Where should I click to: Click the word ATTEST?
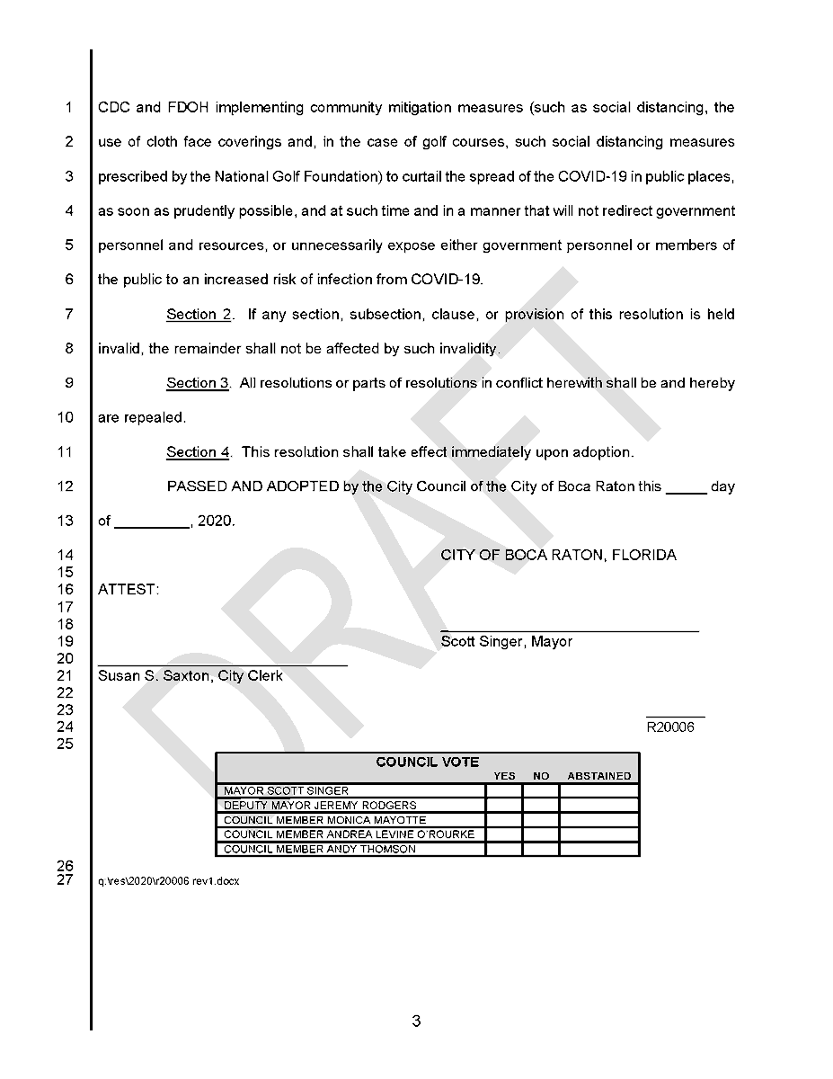tap(128, 590)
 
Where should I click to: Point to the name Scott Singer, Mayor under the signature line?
tap(506, 642)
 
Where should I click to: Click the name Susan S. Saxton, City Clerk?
tap(190, 676)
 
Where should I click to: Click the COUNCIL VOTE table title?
tap(427, 762)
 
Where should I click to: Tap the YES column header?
tap(504, 776)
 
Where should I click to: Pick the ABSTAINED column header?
tap(598, 776)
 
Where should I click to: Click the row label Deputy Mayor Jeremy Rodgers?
tap(320, 806)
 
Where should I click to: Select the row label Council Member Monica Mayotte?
tap(324, 820)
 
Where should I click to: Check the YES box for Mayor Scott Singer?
tap(504, 791)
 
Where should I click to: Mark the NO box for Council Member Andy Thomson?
tap(541, 849)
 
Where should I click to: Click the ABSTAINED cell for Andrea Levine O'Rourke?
tap(598, 834)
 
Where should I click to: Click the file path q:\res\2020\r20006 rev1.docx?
tap(168, 881)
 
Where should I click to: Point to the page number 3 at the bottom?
tap(416, 1021)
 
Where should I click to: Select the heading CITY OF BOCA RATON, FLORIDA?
tap(558, 556)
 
